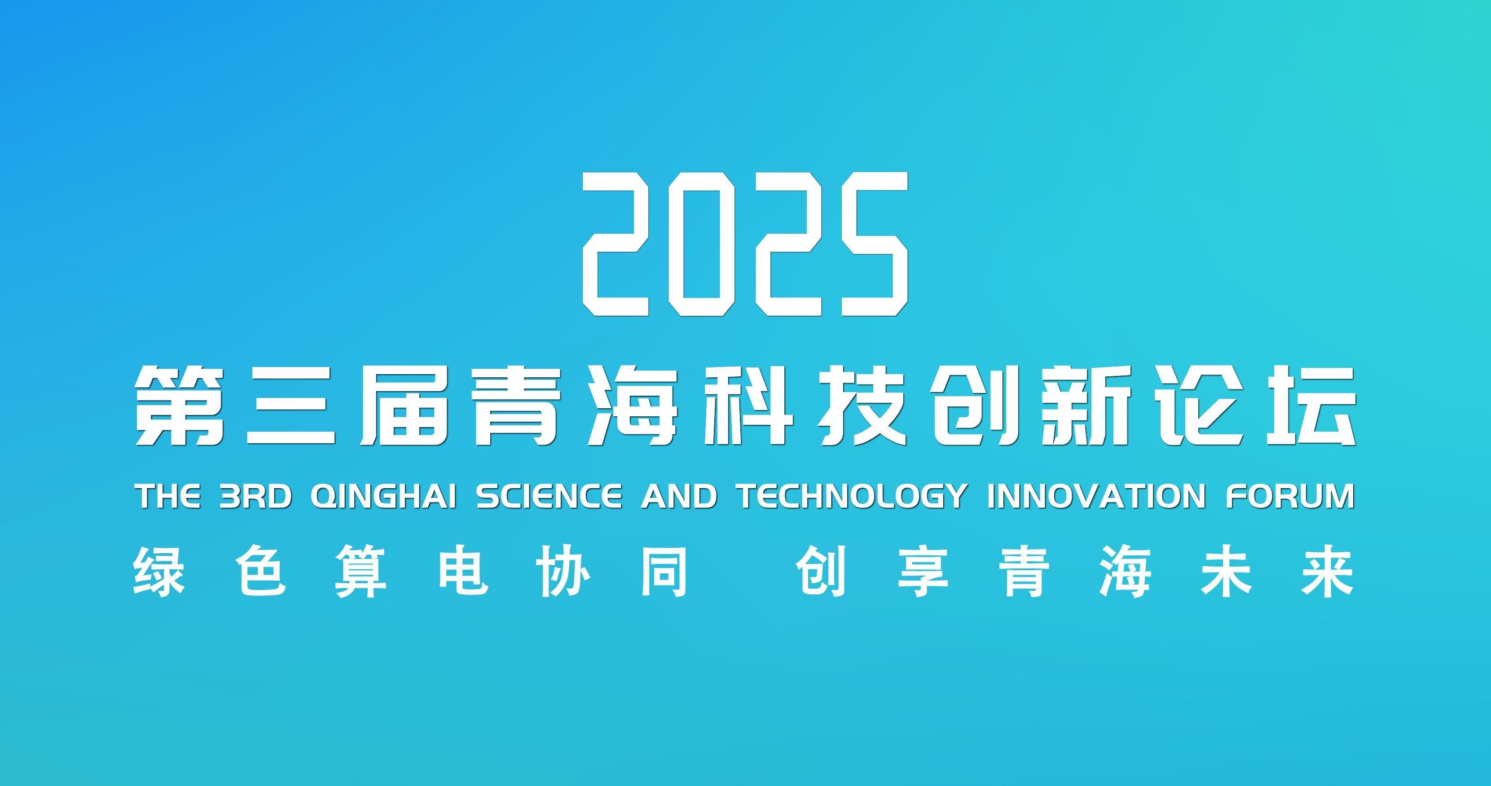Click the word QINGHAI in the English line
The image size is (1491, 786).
(383, 496)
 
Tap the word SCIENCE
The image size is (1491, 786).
(549, 496)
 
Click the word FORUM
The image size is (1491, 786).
(1291, 496)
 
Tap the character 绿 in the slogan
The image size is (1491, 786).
(158, 572)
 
